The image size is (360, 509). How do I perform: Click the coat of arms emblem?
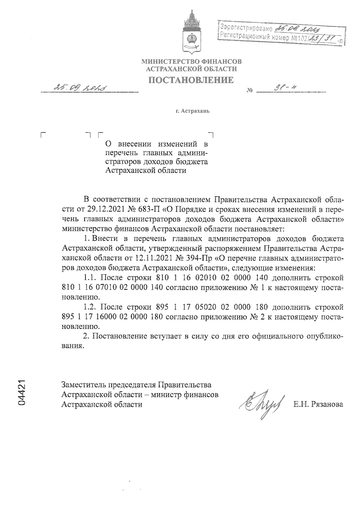point(191,33)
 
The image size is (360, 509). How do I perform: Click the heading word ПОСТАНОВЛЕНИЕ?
point(191,80)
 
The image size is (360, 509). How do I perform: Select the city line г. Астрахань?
point(193,111)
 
